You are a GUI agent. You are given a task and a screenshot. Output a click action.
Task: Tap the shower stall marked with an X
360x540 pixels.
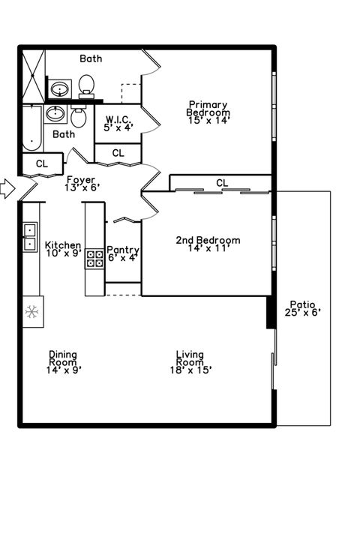(x=32, y=74)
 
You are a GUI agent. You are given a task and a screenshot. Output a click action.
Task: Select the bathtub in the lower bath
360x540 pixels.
(x=31, y=127)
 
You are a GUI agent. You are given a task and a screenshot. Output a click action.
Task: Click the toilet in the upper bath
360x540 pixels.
(x=87, y=85)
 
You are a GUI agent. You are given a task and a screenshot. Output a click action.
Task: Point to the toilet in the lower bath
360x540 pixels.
(x=79, y=118)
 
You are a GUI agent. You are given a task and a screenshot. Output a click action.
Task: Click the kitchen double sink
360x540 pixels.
(x=31, y=236)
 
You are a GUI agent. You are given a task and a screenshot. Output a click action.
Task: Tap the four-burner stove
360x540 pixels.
(x=95, y=259)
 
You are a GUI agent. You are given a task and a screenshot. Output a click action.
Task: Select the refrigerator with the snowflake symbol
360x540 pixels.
(x=32, y=311)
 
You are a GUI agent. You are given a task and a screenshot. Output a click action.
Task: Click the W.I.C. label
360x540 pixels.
(x=118, y=122)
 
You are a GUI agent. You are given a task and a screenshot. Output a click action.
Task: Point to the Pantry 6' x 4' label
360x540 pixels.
(x=123, y=254)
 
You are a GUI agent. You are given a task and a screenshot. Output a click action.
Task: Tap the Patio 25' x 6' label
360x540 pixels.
(x=302, y=309)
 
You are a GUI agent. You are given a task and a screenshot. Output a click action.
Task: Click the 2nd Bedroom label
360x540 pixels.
(x=208, y=244)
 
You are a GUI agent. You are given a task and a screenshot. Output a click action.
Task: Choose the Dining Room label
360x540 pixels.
(x=63, y=361)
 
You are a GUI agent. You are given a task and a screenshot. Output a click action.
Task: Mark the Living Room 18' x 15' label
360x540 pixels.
(x=190, y=361)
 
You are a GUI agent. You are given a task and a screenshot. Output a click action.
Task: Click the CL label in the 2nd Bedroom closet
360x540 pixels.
(x=222, y=183)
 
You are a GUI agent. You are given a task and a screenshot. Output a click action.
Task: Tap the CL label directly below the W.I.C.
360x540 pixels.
(x=118, y=153)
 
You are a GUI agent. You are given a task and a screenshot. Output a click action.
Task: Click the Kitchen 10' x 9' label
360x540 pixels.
(x=63, y=249)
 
